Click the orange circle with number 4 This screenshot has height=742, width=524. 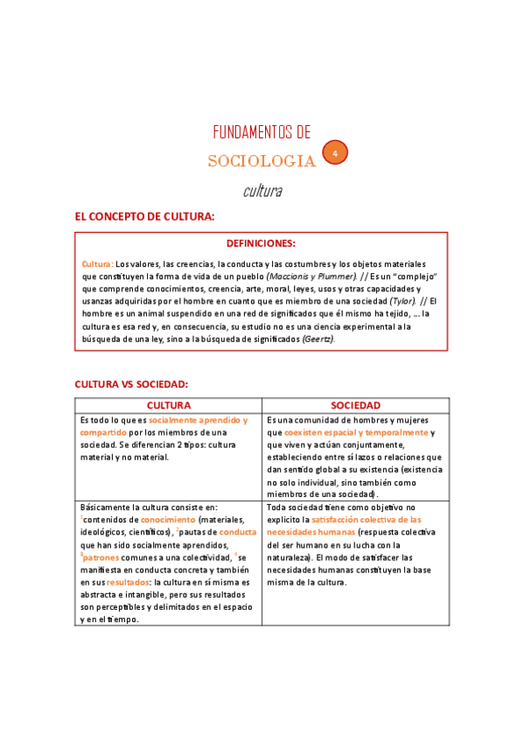coord(334,153)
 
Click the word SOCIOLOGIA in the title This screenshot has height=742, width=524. coord(262,161)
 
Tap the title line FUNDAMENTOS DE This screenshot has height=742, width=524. coord(262,132)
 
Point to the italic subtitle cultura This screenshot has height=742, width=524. coord(262,190)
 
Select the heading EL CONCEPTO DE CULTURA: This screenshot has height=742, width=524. coord(144,216)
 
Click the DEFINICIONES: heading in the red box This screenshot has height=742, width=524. coord(261,243)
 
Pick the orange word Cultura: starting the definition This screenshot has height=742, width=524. coord(97,264)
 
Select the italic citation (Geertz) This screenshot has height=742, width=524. coord(318,339)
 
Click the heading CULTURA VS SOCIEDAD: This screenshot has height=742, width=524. coord(131,384)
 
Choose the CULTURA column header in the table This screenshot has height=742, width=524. coord(169,406)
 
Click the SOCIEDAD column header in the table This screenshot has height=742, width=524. coord(355,406)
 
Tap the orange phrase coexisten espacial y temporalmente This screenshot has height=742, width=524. coord(356,432)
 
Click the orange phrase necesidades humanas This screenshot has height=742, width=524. coord(311,531)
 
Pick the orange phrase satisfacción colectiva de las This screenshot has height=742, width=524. coord(366,519)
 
